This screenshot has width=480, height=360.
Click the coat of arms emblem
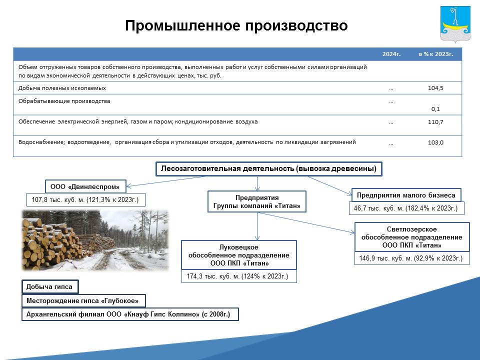point(455,24)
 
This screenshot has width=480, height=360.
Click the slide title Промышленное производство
point(236,25)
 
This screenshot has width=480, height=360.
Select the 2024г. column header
point(391,54)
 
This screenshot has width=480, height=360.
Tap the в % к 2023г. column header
point(435,54)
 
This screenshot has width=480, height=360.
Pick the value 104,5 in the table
point(435,88)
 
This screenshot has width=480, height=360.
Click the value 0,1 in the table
point(435,109)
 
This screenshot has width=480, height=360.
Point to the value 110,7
point(435,122)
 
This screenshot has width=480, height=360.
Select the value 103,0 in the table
point(435,142)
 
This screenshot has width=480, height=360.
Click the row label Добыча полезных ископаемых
point(62,88)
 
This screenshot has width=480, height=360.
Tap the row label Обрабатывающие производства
point(64,101)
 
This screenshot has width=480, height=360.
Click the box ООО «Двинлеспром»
point(85,186)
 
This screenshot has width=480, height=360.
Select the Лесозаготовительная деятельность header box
point(269,168)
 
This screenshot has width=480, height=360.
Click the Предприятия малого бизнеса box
point(406,195)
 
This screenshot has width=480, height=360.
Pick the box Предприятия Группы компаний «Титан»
point(257,201)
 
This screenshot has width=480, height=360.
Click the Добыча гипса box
point(50,286)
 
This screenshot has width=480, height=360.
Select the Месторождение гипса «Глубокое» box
point(83,300)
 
